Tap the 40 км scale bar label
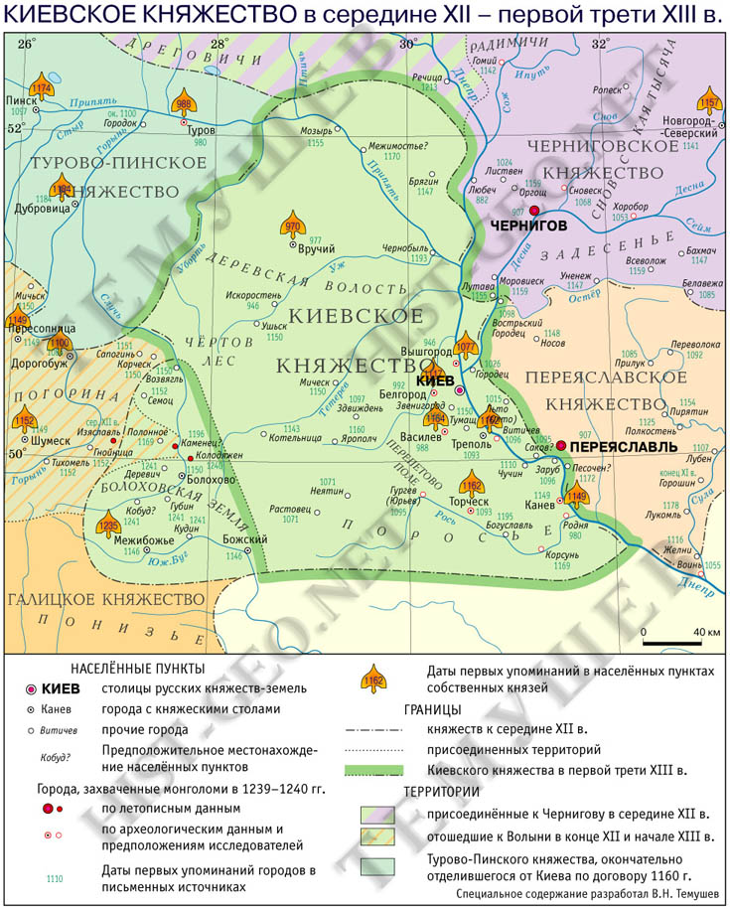tap(705, 632)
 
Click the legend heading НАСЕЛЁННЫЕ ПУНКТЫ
tap(138, 667)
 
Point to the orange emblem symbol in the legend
tap(374, 678)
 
